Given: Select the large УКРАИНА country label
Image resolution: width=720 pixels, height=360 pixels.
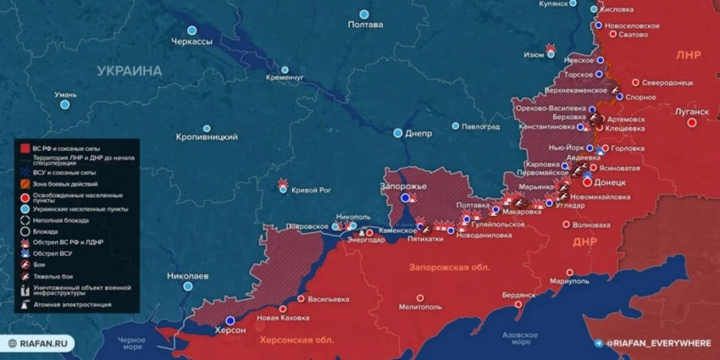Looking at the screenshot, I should pos(129,71).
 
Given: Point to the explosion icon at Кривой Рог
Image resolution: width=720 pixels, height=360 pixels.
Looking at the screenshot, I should pos(283,183).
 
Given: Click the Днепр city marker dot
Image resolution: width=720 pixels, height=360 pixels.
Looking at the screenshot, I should pos(398,133).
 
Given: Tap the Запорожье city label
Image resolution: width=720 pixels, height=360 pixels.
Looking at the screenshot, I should pos(402,186).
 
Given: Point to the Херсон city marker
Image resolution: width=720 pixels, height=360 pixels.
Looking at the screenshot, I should pos(231,320).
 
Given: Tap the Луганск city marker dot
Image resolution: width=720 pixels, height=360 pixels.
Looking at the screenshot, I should pos(692,122).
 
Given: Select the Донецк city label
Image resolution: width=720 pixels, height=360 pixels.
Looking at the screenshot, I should pos(611,182).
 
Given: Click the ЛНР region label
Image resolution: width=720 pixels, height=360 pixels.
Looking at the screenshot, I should pos(688,54).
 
